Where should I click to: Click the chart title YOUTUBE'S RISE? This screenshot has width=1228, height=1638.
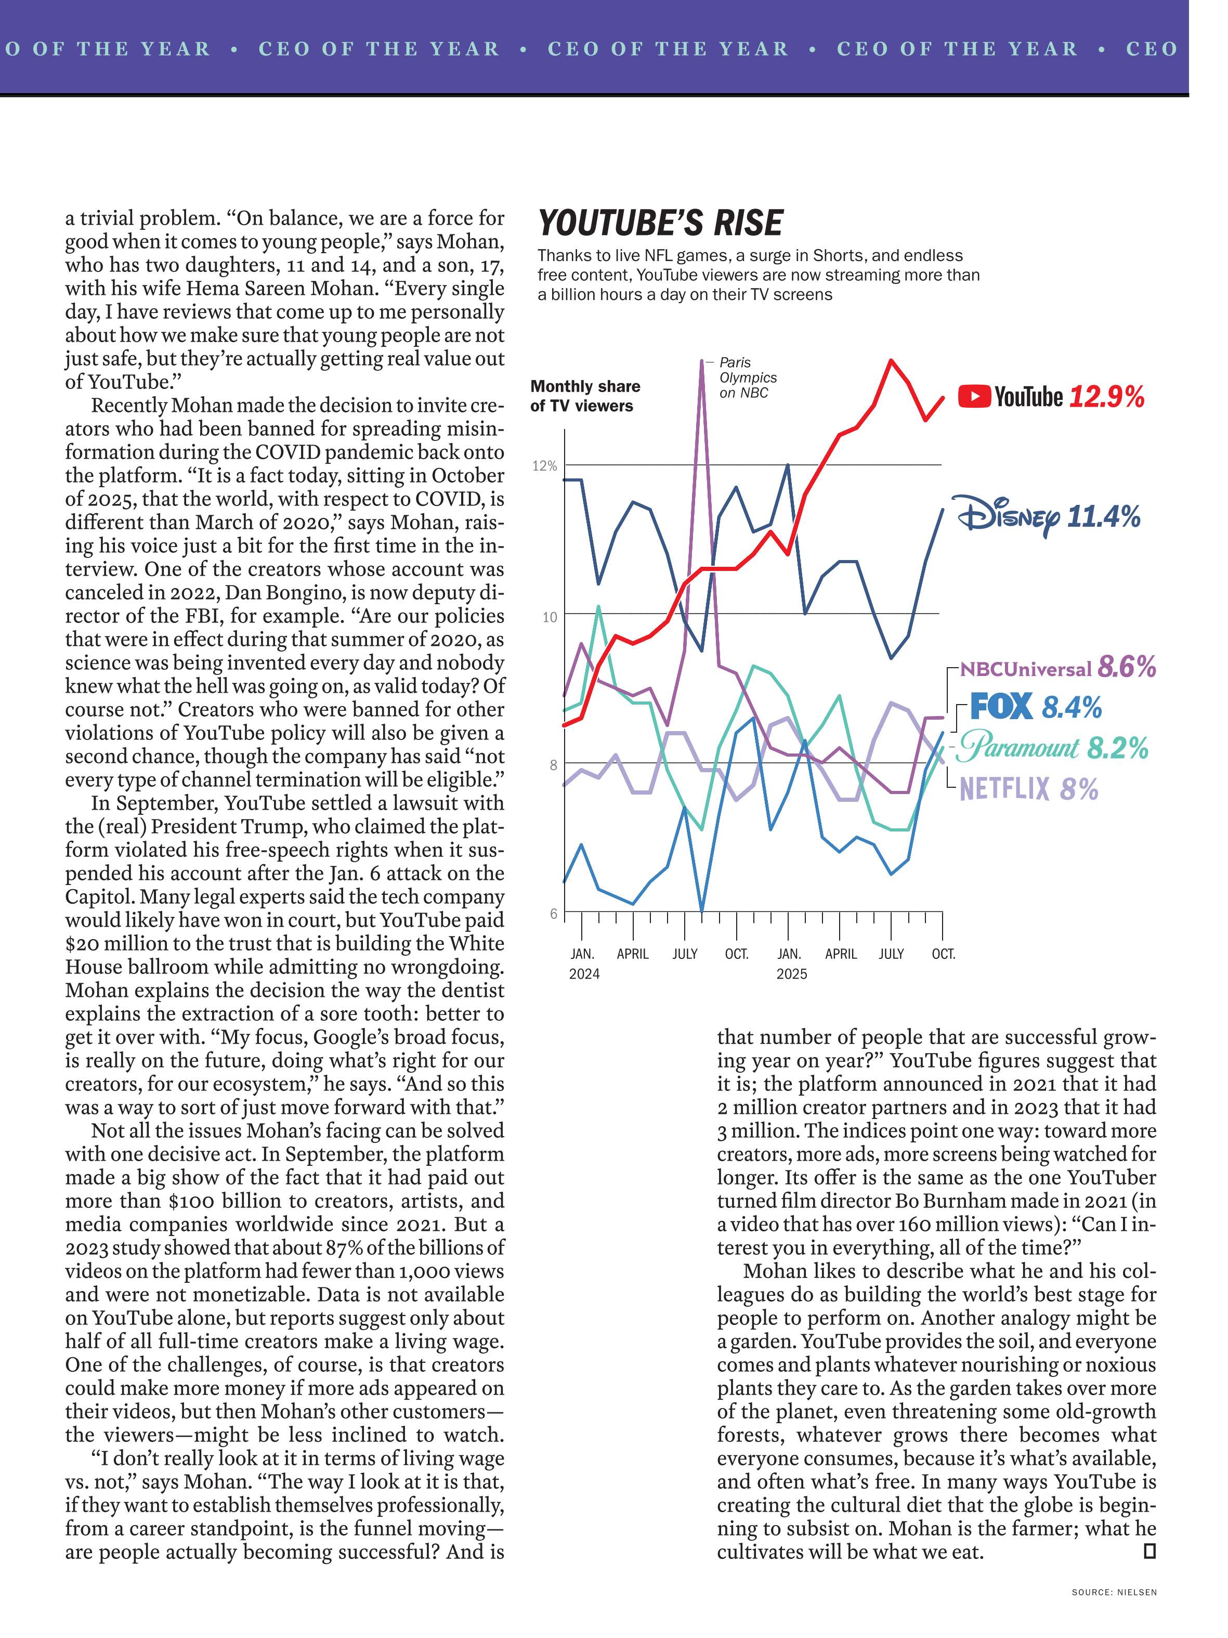click(660, 223)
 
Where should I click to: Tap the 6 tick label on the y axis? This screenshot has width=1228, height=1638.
click(553, 914)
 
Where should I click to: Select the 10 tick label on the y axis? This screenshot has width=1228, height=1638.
click(549, 617)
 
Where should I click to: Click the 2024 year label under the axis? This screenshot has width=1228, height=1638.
click(584, 974)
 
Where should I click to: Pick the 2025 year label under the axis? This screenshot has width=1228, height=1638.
click(791, 974)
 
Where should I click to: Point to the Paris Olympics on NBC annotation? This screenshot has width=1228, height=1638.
click(748, 378)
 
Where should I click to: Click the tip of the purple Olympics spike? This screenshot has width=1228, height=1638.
click(701, 361)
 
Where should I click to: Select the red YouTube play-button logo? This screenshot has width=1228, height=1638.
click(974, 396)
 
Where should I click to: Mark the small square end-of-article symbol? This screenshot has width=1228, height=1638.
click(1149, 1551)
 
